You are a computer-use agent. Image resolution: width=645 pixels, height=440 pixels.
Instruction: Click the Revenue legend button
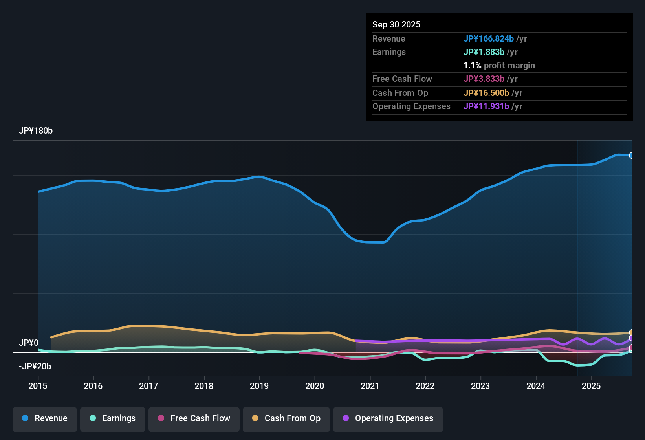tap(45, 418)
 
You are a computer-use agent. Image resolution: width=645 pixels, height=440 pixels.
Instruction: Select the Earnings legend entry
tap(113, 418)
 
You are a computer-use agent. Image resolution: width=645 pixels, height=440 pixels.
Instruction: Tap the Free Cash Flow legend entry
tap(194, 418)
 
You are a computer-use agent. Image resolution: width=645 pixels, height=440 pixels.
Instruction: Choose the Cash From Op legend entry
tap(286, 418)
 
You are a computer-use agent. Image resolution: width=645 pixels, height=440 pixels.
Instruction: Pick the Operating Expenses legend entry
tap(388, 418)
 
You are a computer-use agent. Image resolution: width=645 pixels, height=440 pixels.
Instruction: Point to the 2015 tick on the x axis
tap(38, 386)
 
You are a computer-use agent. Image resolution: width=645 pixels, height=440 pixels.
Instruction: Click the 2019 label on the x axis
tap(259, 386)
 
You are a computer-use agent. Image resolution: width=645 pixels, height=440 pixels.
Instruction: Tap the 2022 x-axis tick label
tap(425, 386)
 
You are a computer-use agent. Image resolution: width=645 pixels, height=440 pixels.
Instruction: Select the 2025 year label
tap(591, 386)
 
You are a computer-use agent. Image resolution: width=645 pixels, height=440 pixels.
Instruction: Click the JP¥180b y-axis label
tap(36, 131)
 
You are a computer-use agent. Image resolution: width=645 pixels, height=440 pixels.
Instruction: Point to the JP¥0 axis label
tap(29, 343)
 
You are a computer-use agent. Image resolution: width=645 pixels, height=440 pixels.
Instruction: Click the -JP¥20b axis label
tap(35, 367)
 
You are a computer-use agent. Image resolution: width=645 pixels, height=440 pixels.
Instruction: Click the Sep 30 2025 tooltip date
tap(396, 24)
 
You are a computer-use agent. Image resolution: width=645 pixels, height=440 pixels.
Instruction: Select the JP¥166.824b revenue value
tap(489, 38)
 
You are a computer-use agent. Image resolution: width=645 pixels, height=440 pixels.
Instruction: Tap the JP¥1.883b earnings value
tap(484, 52)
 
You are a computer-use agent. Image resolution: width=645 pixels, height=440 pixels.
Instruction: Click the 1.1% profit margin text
tap(499, 66)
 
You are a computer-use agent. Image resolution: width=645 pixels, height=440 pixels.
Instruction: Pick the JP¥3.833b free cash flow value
tap(484, 79)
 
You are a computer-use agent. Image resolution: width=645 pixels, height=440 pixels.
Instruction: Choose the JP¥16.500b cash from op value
tap(486, 93)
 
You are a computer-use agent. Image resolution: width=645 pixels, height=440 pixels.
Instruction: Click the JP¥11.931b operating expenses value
tap(486, 106)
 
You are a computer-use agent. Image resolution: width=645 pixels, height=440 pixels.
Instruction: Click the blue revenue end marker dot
tap(631, 155)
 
